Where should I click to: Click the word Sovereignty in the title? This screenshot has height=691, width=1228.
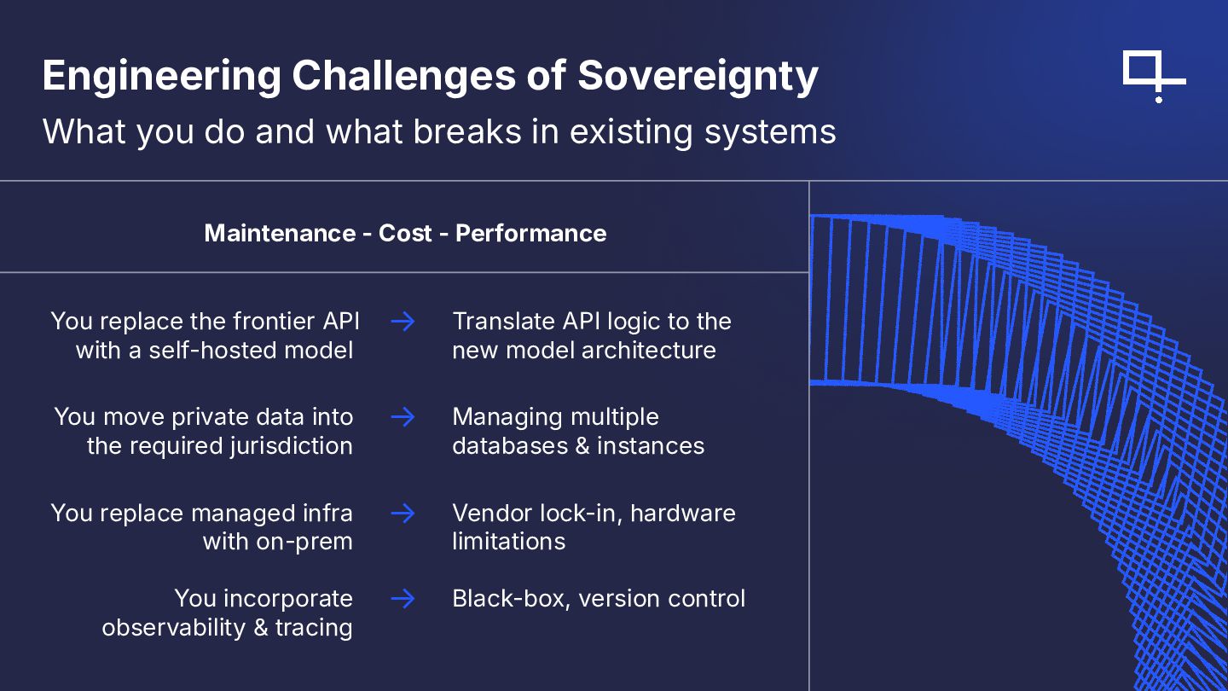click(698, 76)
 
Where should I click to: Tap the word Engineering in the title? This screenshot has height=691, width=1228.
click(161, 76)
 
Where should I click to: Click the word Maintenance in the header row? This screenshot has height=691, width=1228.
click(280, 234)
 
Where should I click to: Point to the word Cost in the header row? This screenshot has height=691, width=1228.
click(406, 234)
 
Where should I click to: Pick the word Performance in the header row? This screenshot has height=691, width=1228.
click(530, 234)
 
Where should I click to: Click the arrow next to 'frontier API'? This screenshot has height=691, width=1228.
click(403, 322)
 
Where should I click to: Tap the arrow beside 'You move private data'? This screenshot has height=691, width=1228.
click(403, 417)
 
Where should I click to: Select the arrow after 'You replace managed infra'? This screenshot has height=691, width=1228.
click(403, 514)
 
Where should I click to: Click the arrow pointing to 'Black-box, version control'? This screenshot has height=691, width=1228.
click(403, 599)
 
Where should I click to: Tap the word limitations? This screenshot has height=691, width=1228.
click(508, 542)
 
